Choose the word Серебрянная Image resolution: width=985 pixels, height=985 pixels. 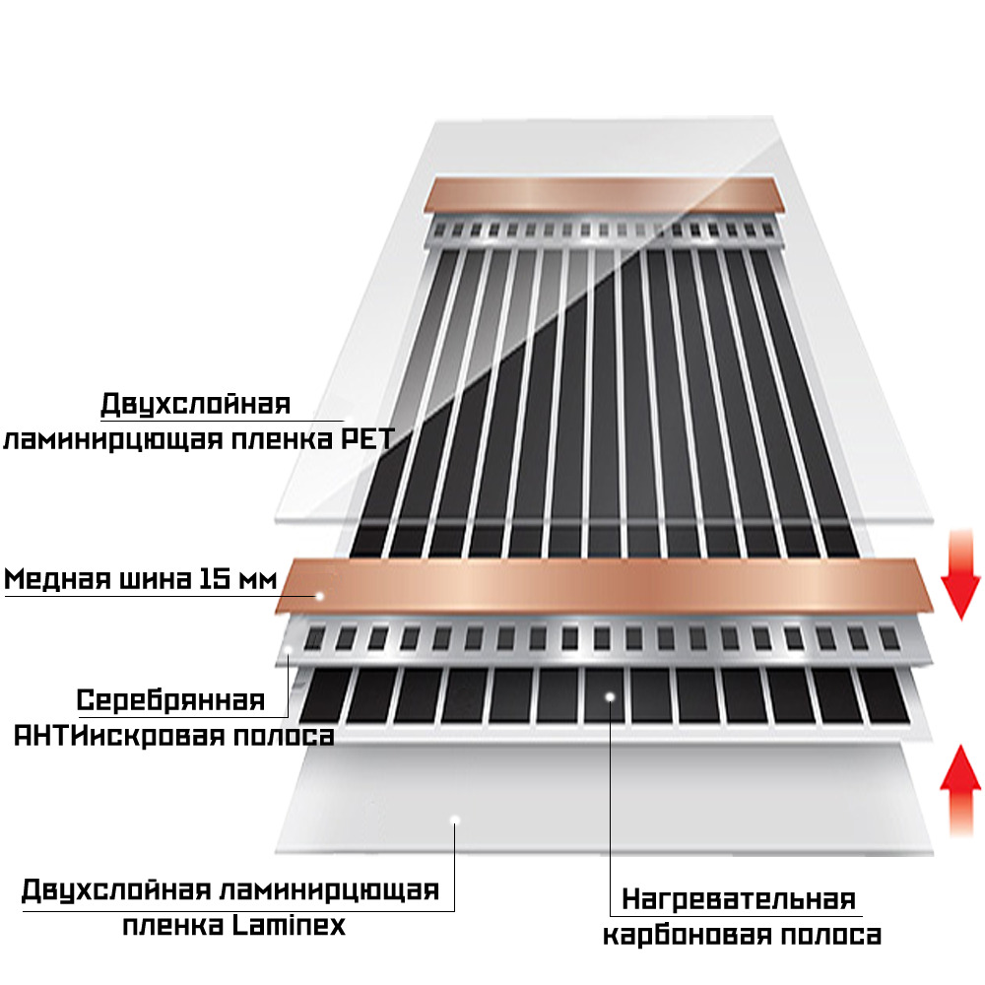click(170, 701)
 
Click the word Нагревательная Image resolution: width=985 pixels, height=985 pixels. click(738, 899)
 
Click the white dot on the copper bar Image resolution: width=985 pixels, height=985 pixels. click(319, 595)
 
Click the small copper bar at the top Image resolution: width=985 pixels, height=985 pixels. click(605, 196)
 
